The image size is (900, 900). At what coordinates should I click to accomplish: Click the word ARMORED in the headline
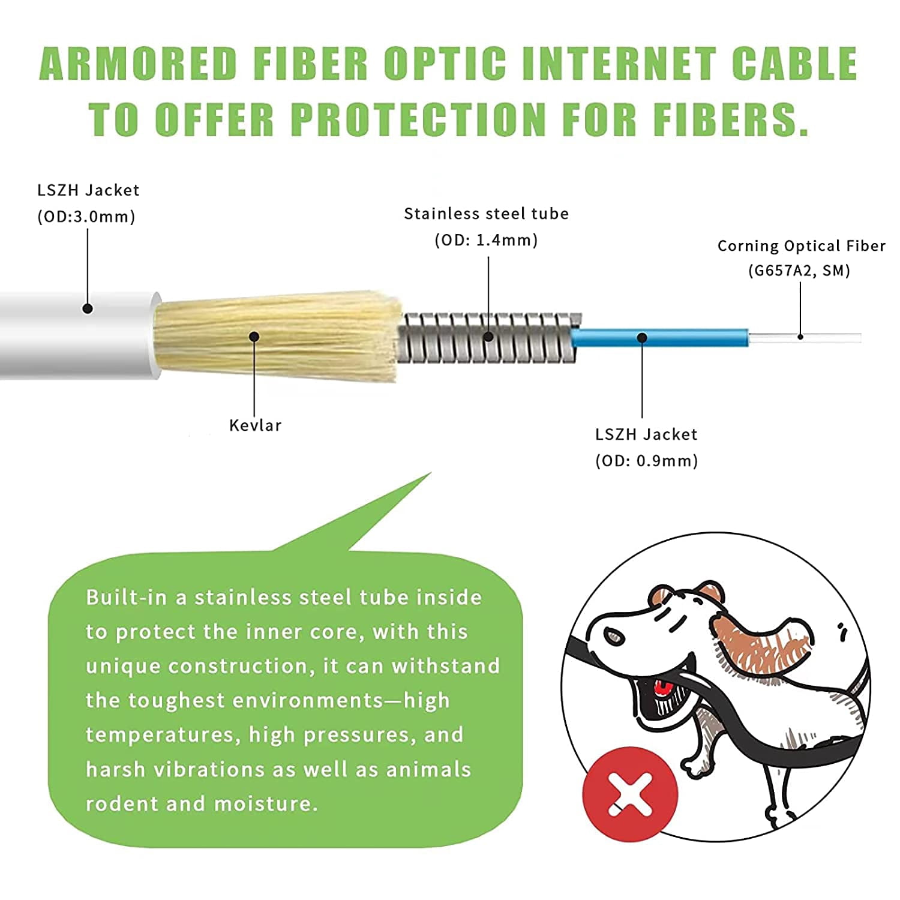[x=138, y=63]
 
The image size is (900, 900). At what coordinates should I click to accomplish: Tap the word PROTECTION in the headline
[x=418, y=119]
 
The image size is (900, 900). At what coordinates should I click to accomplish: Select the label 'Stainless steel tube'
[x=486, y=214]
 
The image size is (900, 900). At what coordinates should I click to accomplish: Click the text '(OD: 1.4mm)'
[x=486, y=240]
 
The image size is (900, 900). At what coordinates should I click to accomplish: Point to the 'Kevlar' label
[x=255, y=425]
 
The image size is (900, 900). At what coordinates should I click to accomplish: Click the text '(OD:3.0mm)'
[x=86, y=217]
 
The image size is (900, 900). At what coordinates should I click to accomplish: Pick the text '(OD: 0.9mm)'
[x=646, y=461]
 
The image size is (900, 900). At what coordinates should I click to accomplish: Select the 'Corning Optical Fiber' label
[x=801, y=246]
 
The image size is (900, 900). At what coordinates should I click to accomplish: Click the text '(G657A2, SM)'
[x=799, y=271]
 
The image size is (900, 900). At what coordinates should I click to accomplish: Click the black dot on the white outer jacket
[x=88, y=309]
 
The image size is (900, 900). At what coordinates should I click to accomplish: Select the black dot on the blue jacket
[x=642, y=338]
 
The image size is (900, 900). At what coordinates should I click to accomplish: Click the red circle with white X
[x=630, y=794]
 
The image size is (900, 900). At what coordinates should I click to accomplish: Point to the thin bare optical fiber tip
[x=828, y=337]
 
